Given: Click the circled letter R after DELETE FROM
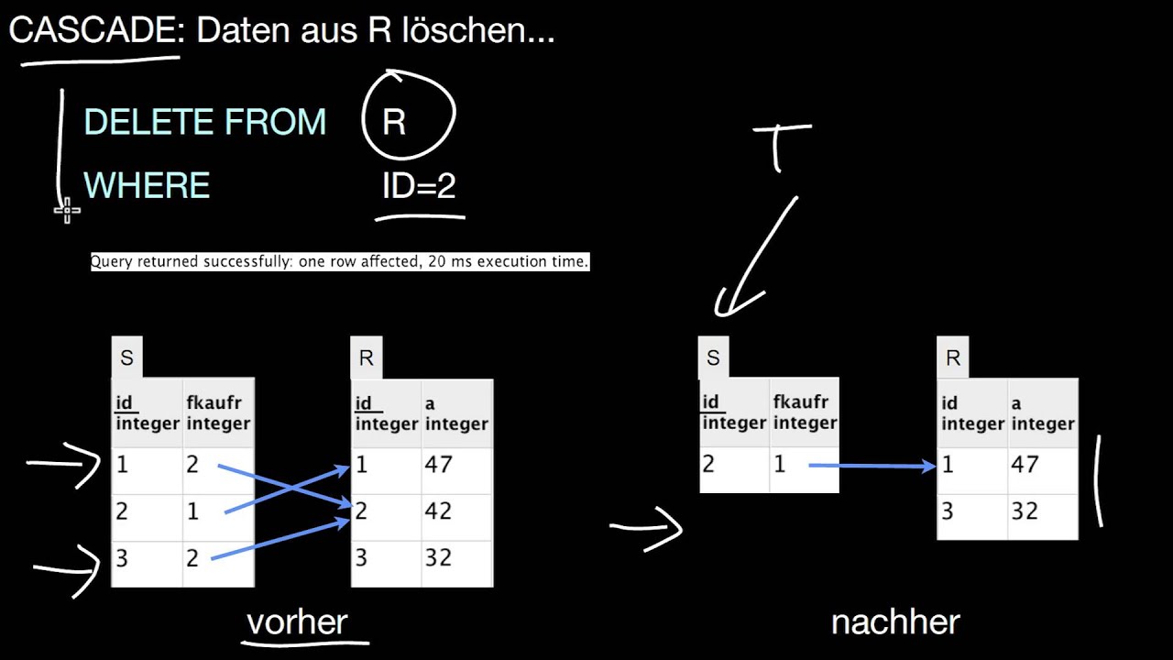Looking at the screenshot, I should [x=394, y=122].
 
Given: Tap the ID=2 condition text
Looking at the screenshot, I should [x=419, y=186].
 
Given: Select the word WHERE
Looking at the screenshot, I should [x=147, y=186].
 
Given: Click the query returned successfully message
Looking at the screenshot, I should [x=339, y=262].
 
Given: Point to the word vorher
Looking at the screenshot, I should [x=298, y=622].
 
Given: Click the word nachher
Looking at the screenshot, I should [x=894, y=622].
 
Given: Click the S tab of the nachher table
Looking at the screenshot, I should [x=714, y=358].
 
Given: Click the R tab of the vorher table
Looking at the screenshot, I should [x=366, y=358].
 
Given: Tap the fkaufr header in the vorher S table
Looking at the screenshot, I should [x=217, y=413].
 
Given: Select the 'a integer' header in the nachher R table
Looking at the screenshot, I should [x=1043, y=413].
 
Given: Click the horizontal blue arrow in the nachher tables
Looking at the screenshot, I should [x=871, y=467].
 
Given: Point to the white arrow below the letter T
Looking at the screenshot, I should [x=756, y=257].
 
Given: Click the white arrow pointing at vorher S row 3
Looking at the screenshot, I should [x=69, y=566].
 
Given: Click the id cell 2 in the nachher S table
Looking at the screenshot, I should [x=733, y=464].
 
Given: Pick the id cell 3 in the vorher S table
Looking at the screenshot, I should [x=146, y=557].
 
